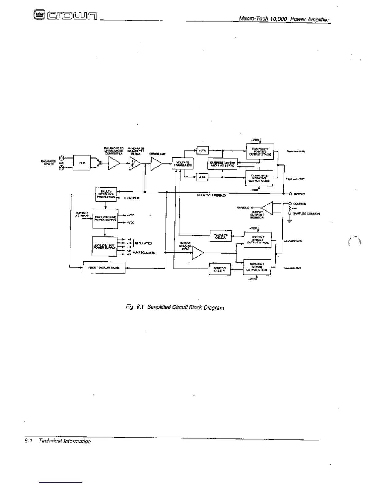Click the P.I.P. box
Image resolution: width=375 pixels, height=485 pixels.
pos(81,163)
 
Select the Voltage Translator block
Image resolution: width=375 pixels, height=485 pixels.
pos(183,164)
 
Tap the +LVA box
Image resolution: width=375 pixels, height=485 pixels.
pos(203,151)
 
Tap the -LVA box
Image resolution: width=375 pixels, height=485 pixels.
pos(202,177)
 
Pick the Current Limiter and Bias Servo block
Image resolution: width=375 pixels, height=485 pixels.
pos(223,164)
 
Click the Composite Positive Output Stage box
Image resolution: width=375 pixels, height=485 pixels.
pos(260,152)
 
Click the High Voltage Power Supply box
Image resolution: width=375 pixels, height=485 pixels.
pos(105,218)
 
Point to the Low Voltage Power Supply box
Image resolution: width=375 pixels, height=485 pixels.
pos(104,246)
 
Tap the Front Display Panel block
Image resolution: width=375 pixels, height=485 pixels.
pos(104,268)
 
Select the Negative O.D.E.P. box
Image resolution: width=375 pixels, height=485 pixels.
pos(220,235)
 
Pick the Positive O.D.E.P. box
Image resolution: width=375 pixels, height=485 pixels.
pos(220,269)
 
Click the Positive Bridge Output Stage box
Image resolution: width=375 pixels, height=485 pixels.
pos(258,240)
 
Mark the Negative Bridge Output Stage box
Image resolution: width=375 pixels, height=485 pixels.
pos(257,267)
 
